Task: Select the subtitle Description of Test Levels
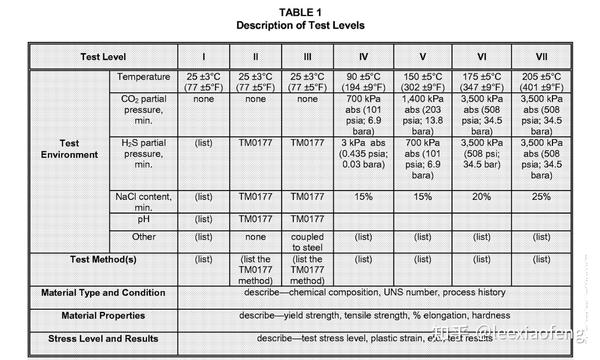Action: point(300,26)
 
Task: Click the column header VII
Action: point(541,57)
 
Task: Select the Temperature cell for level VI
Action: point(481,82)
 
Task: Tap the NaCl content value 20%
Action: point(481,198)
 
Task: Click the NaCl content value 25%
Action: point(541,198)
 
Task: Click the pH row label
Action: point(144,218)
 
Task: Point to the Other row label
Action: point(144,237)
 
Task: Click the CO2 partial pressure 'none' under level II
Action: point(255,99)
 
